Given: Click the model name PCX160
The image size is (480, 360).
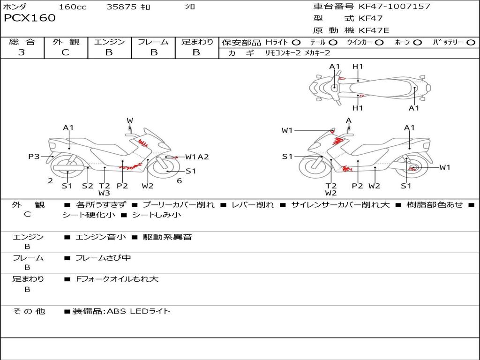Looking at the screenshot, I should [x=30, y=18].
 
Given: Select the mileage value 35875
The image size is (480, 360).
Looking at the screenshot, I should [x=121, y=7].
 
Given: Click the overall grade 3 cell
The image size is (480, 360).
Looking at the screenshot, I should [x=22, y=52].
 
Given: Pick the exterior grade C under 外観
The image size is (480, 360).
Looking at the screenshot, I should [x=65, y=52].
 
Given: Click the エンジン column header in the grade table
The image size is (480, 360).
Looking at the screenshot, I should [x=109, y=42].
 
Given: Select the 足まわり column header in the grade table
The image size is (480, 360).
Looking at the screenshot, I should [x=197, y=42].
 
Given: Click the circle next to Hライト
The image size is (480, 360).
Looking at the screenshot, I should [x=296, y=43].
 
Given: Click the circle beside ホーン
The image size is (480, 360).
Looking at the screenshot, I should [x=417, y=43].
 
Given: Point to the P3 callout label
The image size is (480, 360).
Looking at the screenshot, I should [x=34, y=157].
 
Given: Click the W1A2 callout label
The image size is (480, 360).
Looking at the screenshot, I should [x=197, y=157].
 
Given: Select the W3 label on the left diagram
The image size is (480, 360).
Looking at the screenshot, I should [x=104, y=193].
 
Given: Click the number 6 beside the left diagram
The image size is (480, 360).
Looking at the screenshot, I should [x=179, y=181].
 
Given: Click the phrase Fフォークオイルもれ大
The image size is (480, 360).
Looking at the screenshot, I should [x=117, y=279].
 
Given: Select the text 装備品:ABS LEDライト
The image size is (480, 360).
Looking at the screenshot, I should [x=121, y=311].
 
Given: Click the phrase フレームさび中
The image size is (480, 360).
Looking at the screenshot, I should [x=103, y=258].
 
